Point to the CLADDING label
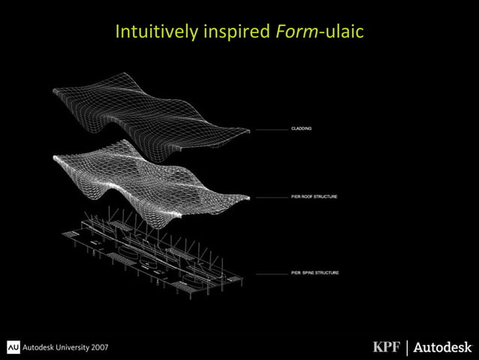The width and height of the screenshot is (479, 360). tap(302, 129)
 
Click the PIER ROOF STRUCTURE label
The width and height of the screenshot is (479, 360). tap(314, 197)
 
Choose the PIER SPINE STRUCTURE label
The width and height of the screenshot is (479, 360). tap(315, 273)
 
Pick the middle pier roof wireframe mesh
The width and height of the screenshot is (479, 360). tap(150, 180)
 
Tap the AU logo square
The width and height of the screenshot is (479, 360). tap(14, 346)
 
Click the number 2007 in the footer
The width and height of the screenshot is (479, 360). tap(96, 346)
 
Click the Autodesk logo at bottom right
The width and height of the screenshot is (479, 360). tap(443, 346)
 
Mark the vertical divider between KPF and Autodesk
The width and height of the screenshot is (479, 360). tap(408, 346)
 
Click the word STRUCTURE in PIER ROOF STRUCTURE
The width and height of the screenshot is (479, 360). tap(324, 197)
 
